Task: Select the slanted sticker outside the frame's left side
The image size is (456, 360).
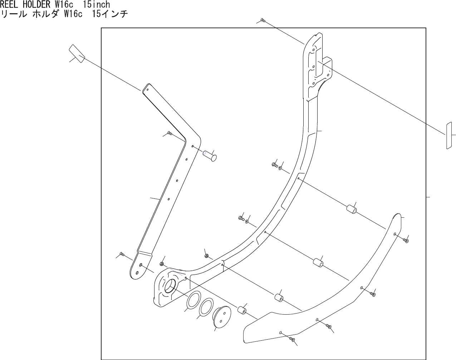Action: (77, 53)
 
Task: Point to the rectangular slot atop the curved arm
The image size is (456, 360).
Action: (319, 63)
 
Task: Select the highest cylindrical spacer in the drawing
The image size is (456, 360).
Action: (351, 208)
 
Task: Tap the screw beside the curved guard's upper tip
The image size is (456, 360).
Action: (406, 241)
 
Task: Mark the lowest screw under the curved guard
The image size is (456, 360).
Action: (292, 339)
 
